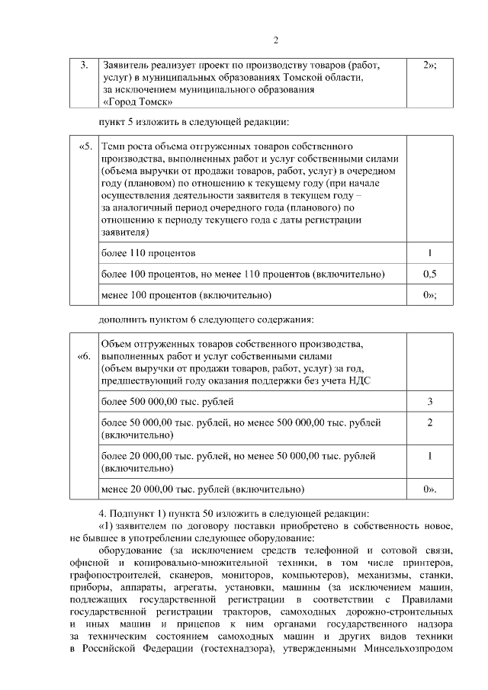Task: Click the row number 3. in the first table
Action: click(85, 66)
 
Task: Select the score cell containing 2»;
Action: click(429, 66)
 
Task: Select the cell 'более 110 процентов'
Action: click(149, 252)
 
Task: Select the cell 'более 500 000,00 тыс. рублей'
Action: click(168, 401)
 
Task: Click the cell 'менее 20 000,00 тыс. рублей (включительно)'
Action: click(203, 489)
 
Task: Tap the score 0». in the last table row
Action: click(429, 489)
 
